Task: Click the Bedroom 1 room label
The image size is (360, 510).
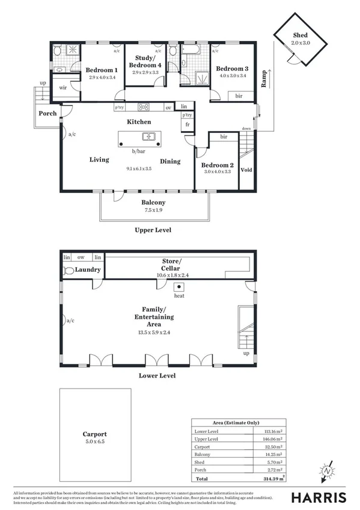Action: (x=100, y=70)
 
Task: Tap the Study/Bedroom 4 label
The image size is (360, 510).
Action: (x=144, y=61)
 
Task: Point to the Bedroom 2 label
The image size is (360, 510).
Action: (x=217, y=165)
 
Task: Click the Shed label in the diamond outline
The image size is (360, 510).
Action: (x=300, y=36)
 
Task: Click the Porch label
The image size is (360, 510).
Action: (x=47, y=113)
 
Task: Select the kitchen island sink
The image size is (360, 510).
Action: (x=149, y=137)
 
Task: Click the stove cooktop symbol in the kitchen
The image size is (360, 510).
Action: (x=144, y=108)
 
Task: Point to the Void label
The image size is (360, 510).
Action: (x=246, y=170)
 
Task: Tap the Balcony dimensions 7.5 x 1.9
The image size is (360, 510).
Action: (x=153, y=210)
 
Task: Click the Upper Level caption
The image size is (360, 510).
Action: (x=153, y=230)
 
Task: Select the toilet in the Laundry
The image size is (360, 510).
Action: (x=69, y=271)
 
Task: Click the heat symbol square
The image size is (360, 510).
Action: (x=178, y=287)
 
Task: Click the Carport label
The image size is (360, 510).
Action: (x=95, y=434)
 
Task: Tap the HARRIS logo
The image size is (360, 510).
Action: (x=319, y=497)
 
